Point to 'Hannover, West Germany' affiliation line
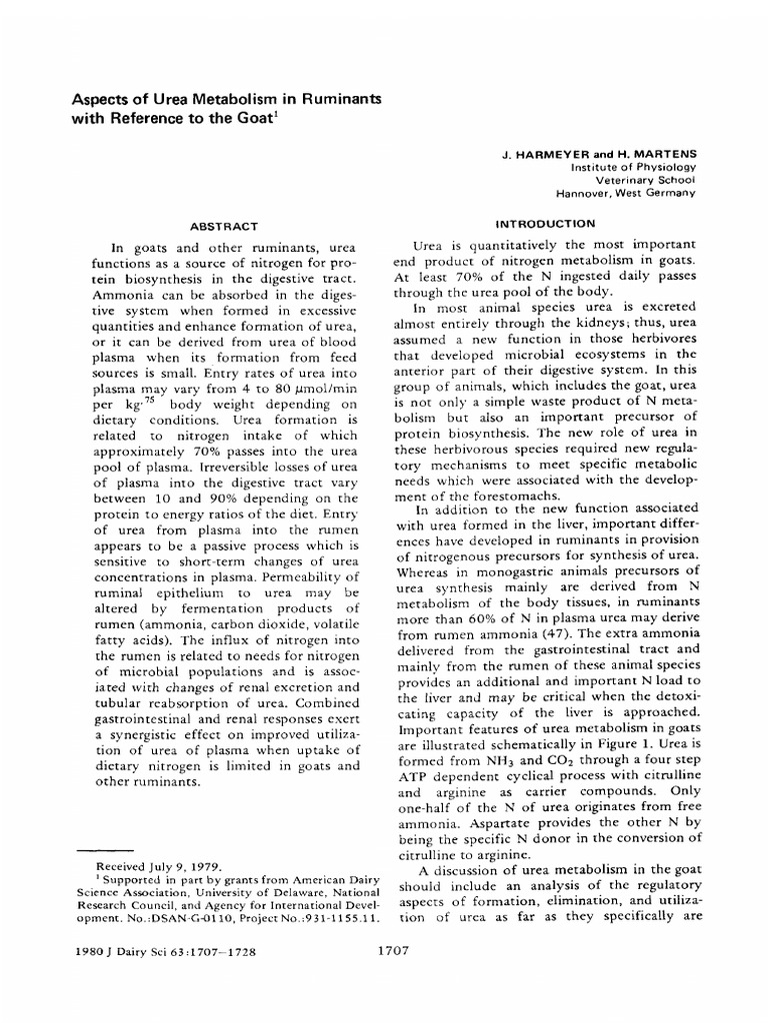pos(625,193)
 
